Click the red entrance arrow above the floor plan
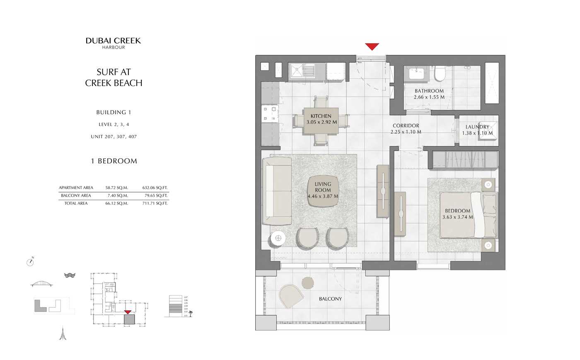(372, 46)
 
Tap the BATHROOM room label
(429, 91)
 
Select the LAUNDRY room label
(477, 127)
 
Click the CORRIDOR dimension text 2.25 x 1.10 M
(406, 132)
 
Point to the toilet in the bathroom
(439, 74)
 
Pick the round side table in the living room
(278, 238)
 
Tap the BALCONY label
(330, 299)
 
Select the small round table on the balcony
(308, 283)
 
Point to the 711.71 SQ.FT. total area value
(155, 203)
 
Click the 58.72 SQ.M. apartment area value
(116, 188)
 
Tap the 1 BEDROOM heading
(114, 161)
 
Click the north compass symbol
(30, 261)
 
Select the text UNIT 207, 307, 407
(114, 137)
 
